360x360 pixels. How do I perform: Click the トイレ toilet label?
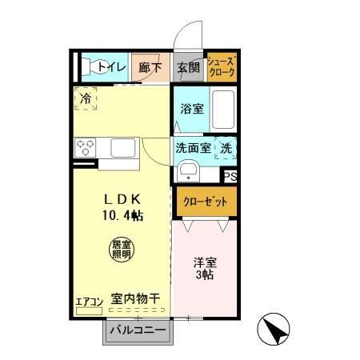point(111,69)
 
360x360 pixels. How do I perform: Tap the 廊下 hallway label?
point(148,69)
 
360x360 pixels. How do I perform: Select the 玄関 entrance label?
point(188,69)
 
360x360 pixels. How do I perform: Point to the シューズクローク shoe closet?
point(221,67)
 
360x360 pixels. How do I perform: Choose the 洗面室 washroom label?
point(193,148)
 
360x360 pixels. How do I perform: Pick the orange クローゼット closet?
point(206,202)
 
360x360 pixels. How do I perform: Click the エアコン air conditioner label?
point(90,302)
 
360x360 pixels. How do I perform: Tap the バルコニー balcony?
point(137,330)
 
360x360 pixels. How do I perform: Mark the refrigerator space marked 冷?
point(86,102)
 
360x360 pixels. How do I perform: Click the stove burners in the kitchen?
point(86,147)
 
